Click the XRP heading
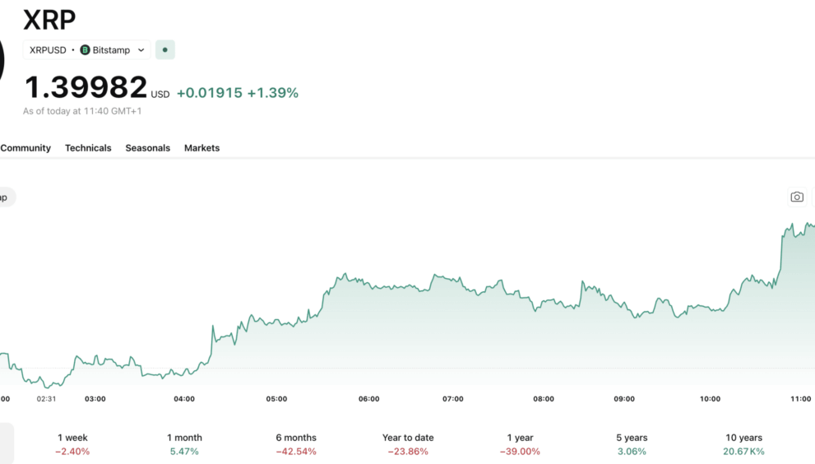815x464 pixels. click(x=49, y=18)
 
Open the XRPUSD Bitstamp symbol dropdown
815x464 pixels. click(x=86, y=50)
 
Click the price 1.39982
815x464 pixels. click(x=86, y=87)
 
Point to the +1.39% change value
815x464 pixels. click(x=273, y=93)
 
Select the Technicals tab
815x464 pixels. click(x=88, y=148)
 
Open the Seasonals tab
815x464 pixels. click(x=147, y=148)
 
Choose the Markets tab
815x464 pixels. click(x=201, y=148)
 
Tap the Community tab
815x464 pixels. click(x=25, y=148)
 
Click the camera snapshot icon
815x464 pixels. click(x=796, y=197)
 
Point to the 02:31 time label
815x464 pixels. click(x=46, y=399)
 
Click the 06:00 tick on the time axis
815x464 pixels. click(x=369, y=399)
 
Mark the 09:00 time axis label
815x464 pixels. click(x=624, y=399)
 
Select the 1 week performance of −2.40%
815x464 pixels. click(x=72, y=452)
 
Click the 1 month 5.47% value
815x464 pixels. click(x=184, y=452)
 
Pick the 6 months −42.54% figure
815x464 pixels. click(x=296, y=452)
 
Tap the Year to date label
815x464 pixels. click(x=408, y=438)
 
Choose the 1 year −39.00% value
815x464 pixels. click(x=520, y=452)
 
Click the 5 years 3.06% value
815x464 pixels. click(x=632, y=452)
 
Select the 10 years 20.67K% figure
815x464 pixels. click(x=743, y=452)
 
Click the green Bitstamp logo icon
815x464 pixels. click(x=85, y=50)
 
